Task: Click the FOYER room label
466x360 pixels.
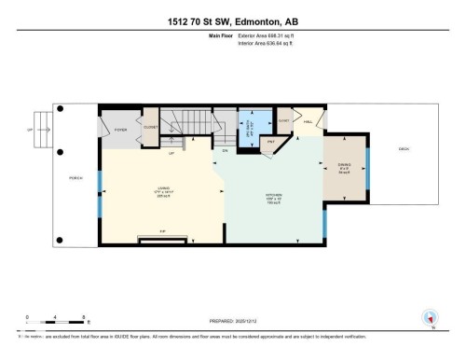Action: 120,130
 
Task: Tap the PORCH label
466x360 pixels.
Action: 70,177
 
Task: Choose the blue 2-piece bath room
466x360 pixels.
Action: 251,127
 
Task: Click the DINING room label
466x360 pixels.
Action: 343,168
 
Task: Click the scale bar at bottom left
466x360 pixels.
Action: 56,322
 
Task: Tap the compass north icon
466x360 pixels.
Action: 429,316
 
